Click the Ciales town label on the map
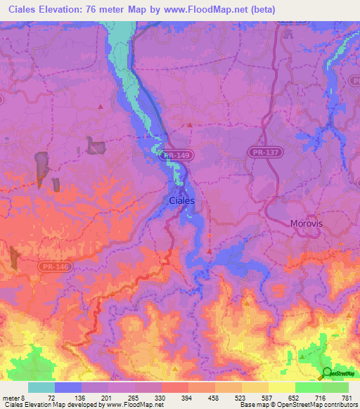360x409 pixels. click(x=182, y=200)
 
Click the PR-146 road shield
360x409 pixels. click(x=50, y=267)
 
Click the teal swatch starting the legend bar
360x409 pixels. click(x=41, y=387)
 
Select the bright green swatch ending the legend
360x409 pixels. click(x=335, y=387)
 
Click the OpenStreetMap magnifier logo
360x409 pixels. click(x=328, y=373)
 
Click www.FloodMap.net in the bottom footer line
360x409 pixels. click(x=133, y=405)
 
